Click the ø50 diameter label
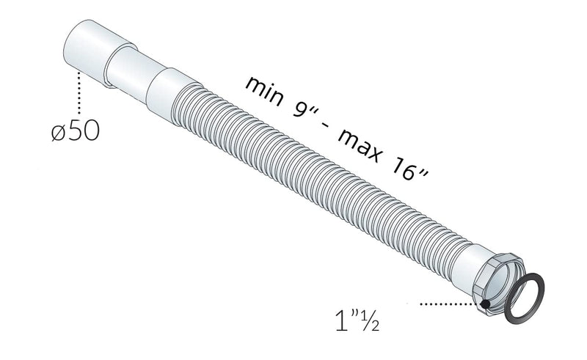[76, 131]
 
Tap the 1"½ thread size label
[357, 319]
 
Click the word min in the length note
[265, 91]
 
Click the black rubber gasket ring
[524, 298]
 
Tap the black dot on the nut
[485, 304]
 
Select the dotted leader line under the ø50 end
[79, 92]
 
